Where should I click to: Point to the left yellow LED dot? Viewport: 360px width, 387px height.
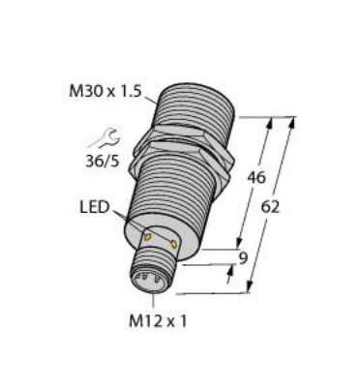point(147,236)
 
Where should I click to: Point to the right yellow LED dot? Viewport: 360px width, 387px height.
point(171,244)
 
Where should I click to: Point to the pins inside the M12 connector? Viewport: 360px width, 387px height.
point(152,279)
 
